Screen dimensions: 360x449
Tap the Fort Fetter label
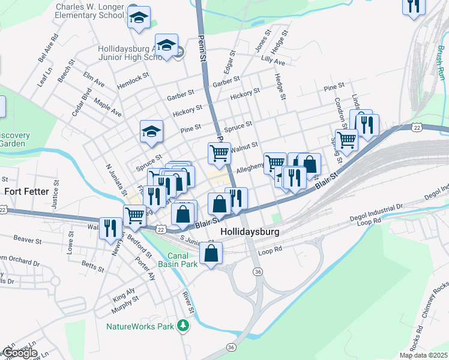tap(26, 191)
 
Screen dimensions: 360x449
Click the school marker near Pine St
tap(151, 131)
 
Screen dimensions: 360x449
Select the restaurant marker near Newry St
tap(110, 228)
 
